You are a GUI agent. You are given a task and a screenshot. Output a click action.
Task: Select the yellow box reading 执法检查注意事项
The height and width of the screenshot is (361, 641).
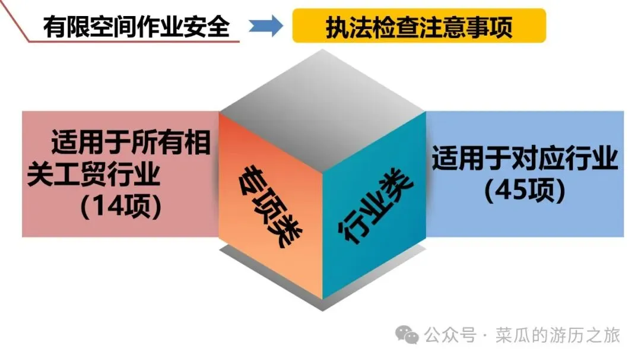click(418, 27)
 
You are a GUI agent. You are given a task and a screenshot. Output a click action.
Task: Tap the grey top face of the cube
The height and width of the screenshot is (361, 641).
click(322, 94)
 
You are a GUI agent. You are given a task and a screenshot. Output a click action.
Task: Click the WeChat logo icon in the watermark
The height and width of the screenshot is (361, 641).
click(408, 335)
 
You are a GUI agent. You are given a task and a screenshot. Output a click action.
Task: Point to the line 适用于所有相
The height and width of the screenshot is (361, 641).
click(131, 143)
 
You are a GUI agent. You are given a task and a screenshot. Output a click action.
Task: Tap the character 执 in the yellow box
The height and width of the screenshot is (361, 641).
click(337, 27)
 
